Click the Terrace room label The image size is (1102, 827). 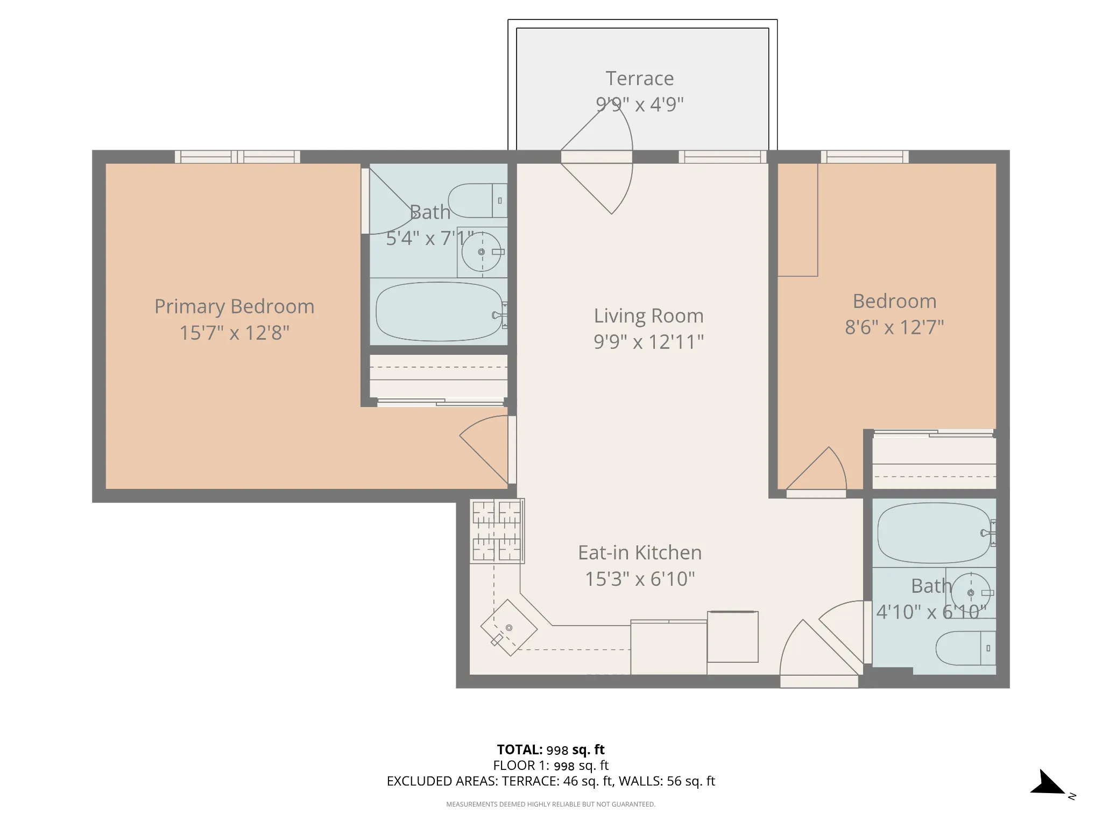[x=639, y=79]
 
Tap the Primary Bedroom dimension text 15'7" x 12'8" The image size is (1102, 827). [x=234, y=333]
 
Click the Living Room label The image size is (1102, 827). [x=648, y=316]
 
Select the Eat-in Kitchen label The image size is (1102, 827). [x=640, y=553]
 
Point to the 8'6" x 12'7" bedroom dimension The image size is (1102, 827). [x=894, y=327]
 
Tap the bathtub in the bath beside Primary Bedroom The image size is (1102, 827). [x=439, y=312]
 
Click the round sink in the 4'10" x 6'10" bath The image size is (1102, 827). [x=971, y=593]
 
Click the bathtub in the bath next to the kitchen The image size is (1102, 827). [x=934, y=532]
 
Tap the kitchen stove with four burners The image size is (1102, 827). [x=497, y=531]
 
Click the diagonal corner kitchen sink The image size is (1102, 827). [x=508, y=628]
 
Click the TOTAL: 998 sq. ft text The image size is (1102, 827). [x=550, y=749]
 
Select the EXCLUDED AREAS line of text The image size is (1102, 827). [x=550, y=781]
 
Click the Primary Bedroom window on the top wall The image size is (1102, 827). [x=237, y=157]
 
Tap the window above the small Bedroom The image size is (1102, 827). [x=865, y=157]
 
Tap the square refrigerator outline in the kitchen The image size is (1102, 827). [x=732, y=637]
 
